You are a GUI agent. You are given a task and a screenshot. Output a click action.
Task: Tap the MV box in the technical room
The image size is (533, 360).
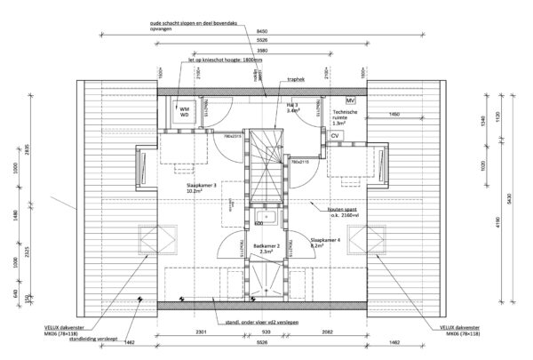pos(350,101)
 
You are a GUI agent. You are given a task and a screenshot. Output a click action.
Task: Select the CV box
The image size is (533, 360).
pos(335,136)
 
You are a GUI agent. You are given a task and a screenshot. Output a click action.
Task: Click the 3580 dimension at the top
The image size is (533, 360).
pos(263,52)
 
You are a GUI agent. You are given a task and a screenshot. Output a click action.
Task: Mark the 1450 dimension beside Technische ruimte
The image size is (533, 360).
pos(393,115)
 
